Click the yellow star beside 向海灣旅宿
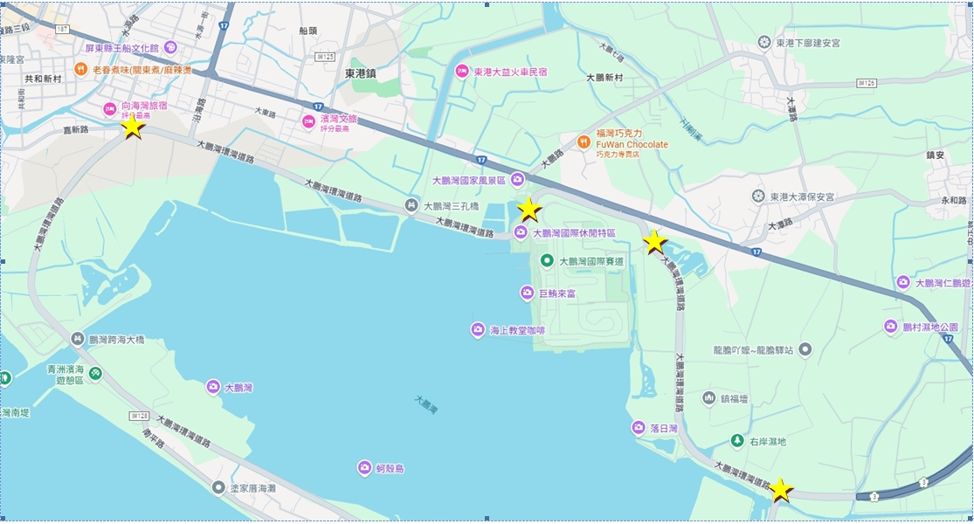132,127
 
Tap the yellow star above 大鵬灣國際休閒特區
528,210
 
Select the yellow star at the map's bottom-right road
780,490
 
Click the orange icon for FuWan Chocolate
584,140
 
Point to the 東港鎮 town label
359,74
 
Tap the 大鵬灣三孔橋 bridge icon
411,206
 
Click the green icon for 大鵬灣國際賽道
547,261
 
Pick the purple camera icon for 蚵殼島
364,469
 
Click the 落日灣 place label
664,428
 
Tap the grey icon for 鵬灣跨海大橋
77,339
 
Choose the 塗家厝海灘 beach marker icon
218,487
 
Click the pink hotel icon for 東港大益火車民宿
461,72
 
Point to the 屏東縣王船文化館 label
121,48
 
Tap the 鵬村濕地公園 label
930,327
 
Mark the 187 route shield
61,29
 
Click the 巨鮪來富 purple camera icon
527,293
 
